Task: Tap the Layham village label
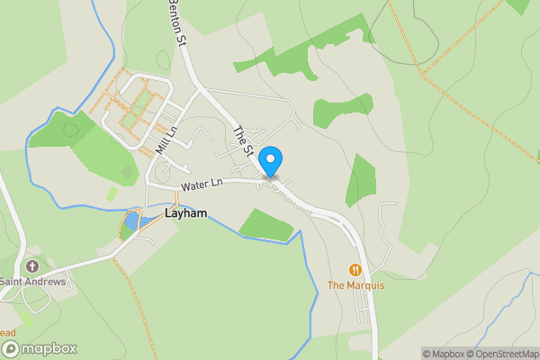tap(186, 215)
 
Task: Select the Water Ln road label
tap(201, 185)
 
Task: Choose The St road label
tap(241, 139)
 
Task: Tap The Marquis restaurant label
tap(355, 285)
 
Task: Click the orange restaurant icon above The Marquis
tap(355, 269)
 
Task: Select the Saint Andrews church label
tap(33, 282)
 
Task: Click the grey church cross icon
tap(33, 266)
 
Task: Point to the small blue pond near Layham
tap(132, 220)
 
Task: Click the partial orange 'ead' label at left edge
tap(8, 332)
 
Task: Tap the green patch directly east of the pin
tap(362, 180)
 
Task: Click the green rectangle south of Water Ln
tap(267, 225)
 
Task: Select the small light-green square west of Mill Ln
tap(112, 193)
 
